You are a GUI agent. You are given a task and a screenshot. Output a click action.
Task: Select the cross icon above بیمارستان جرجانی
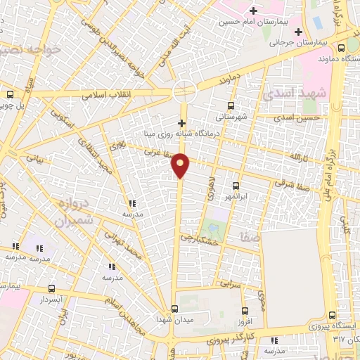[x=299, y=32]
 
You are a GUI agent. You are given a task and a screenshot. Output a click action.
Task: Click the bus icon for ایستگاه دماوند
[x=341, y=49]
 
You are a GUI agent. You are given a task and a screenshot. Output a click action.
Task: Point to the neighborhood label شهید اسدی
[x=290, y=94]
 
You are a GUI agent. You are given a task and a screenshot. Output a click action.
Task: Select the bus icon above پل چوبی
[x=10, y=94]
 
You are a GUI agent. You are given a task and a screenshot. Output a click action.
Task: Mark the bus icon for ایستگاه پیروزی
[x=333, y=315]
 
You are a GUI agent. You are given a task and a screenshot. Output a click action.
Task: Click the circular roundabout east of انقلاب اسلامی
[x=185, y=90]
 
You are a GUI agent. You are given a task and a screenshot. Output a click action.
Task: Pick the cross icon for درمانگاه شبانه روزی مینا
[x=181, y=123]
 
